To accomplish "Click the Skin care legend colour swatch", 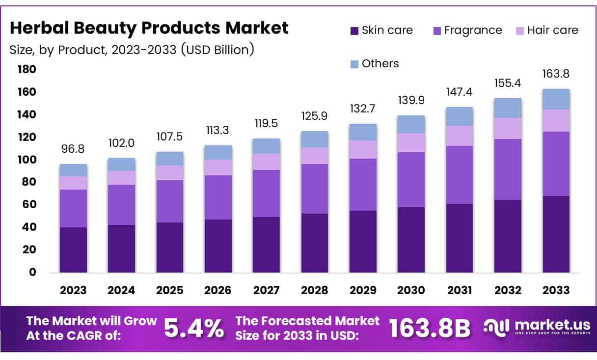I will tap(354, 31).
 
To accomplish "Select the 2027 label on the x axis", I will tap(266, 290).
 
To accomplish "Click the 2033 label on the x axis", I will tap(556, 290).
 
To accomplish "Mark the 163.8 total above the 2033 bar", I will tap(556, 74).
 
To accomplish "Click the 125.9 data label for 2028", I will tap(315, 116).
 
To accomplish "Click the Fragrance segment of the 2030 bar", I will tap(411, 179).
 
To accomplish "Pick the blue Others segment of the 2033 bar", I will tap(556, 99).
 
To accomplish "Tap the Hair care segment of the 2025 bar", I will tap(169, 172).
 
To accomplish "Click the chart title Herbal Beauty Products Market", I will tap(149, 28).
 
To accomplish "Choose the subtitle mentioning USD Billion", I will tap(132, 50).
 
